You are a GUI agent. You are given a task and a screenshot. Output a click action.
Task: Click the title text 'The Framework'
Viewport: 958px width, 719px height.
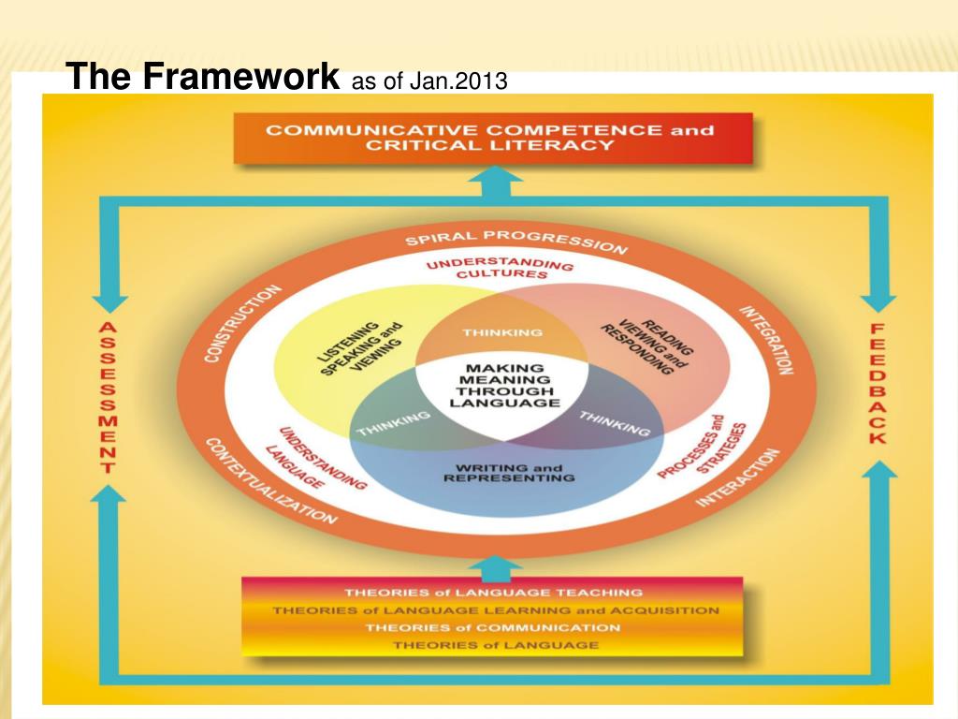pyautogui.click(x=205, y=78)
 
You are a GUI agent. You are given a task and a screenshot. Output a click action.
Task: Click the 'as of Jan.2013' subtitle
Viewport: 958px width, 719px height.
pyautogui.click(x=428, y=81)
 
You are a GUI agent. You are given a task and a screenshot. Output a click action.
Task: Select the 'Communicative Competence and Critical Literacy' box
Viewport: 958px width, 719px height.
pyautogui.click(x=490, y=138)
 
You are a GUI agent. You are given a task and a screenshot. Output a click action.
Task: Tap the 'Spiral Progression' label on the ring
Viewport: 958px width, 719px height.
pyautogui.click(x=515, y=238)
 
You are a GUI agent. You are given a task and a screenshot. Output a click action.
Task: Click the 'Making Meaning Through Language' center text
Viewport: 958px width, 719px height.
pyautogui.click(x=504, y=385)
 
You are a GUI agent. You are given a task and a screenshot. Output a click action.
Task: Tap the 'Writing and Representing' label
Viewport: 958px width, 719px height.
pyautogui.click(x=508, y=474)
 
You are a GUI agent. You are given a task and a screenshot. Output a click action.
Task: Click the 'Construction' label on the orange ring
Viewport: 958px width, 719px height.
pyautogui.click(x=241, y=324)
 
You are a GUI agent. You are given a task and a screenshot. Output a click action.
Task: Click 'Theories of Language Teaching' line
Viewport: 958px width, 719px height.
pyautogui.click(x=493, y=593)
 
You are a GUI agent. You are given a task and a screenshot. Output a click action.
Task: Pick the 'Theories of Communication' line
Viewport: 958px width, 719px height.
pyautogui.click(x=493, y=627)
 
